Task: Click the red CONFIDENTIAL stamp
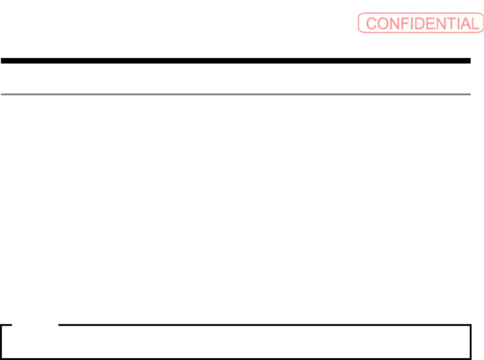(420, 23)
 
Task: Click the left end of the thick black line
(1, 60)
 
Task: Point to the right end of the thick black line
(470, 60)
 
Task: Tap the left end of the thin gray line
(1, 94)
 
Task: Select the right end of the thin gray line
(470, 94)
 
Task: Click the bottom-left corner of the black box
(1, 358)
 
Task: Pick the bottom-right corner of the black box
(471, 358)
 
